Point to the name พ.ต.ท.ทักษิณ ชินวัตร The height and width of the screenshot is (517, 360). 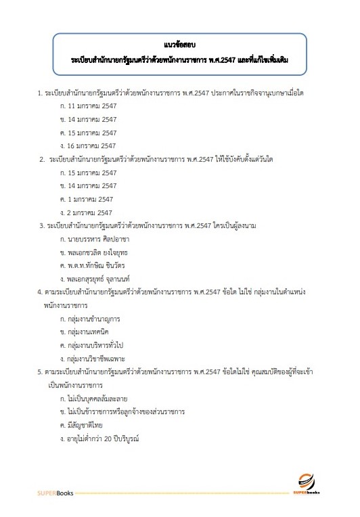point(97,265)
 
